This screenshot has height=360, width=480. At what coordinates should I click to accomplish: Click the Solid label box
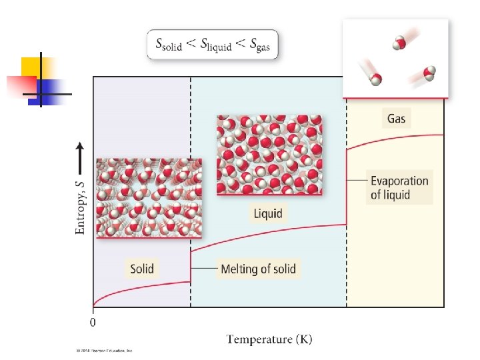[142, 269]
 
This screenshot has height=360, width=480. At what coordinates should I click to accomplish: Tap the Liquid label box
[267, 214]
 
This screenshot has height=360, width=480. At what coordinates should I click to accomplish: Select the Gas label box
[397, 119]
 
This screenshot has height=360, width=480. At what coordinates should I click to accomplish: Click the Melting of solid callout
[258, 269]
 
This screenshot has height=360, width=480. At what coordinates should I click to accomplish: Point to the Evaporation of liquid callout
[399, 187]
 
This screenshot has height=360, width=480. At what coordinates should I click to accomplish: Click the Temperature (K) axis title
[269, 339]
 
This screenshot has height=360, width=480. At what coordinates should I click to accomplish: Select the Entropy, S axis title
[80, 200]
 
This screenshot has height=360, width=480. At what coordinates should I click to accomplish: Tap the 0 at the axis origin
[93, 323]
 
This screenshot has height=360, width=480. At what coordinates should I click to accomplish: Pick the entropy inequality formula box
[213, 45]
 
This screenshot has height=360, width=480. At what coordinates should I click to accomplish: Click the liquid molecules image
[269, 154]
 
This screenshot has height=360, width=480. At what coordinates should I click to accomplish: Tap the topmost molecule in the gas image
[399, 43]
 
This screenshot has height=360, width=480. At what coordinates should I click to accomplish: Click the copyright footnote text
[103, 349]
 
